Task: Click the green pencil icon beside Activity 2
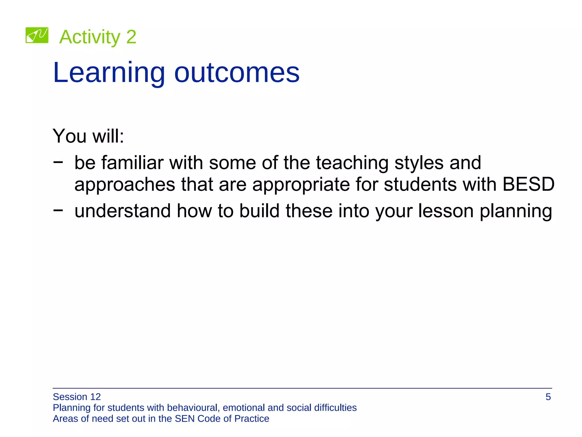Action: coord(37,35)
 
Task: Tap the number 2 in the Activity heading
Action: coord(131,37)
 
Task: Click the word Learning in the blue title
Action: coord(109,73)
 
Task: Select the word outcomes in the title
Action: coord(237,73)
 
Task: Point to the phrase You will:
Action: coord(88,136)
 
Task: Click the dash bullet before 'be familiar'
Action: coord(58,162)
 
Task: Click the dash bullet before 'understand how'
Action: coord(58,210)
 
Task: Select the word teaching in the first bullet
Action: coord(352,163)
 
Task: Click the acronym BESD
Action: coord(528,184)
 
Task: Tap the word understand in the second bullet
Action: coord(122,211)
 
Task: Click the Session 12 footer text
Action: coord(77,397)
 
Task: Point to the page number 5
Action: coord(548,397)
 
